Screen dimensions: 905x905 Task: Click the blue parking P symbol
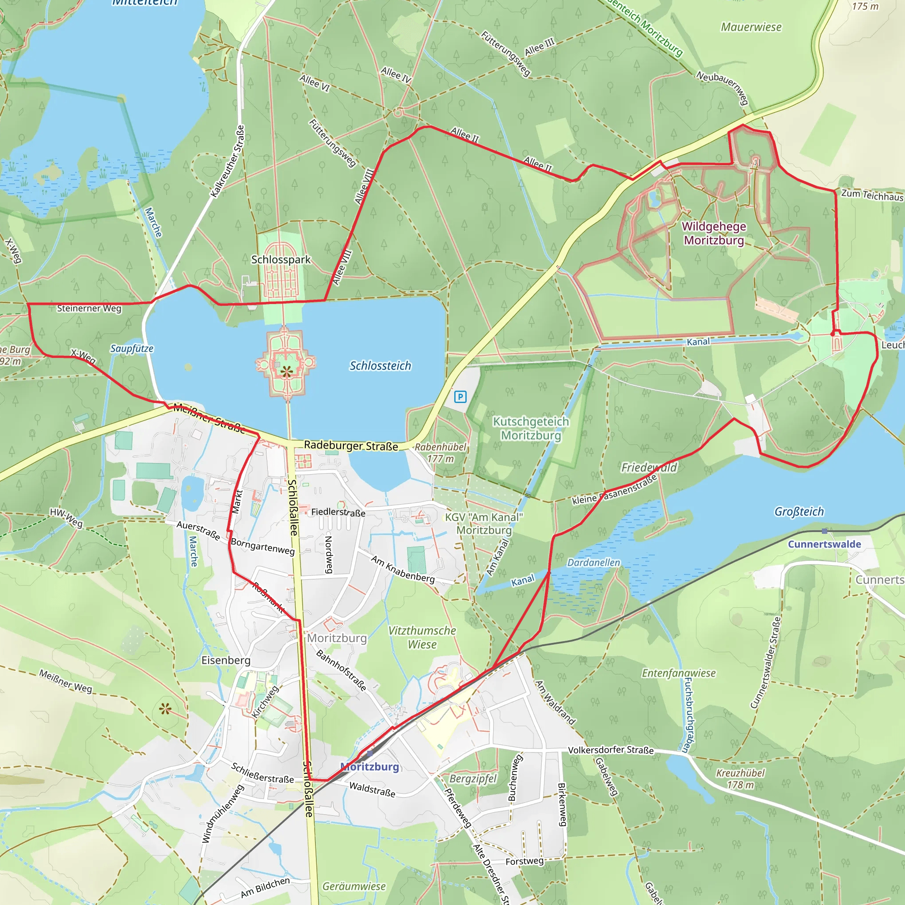coord(460,397)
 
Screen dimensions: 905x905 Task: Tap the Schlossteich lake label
coord(380,366)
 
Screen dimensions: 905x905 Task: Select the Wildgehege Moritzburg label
coord(713,233)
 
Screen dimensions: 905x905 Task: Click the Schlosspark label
coord(281,259)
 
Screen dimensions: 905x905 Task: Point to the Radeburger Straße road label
coord(351,445)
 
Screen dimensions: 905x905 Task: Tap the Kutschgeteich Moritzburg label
coord(531,429)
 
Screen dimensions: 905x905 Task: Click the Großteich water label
coord(799,512)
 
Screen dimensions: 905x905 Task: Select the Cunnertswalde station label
coord(824,544)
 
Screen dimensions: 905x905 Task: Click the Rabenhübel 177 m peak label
coord(440,453)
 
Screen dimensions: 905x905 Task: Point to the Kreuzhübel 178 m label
coord(740,779)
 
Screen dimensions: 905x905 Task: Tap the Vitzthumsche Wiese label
coord(422,638)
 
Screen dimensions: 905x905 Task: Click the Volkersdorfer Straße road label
coord(610,750)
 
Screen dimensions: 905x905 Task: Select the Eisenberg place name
coord(226,661)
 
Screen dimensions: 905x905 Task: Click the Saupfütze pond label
coord(132,349)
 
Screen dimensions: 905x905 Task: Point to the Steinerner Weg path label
coord(89,308)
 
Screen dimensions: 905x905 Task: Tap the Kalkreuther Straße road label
coord(228,161)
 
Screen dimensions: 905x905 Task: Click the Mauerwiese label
coord(751,27)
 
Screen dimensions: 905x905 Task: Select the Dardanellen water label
coord(593,563)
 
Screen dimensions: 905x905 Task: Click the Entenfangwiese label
coord(678,673)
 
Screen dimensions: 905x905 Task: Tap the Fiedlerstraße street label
coord(338,512)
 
